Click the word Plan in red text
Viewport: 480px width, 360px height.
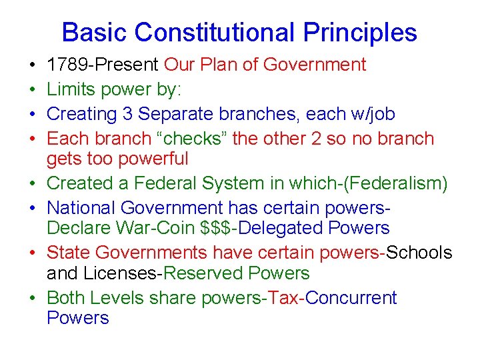220,65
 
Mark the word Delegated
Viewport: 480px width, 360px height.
283,227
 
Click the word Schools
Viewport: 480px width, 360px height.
419,253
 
